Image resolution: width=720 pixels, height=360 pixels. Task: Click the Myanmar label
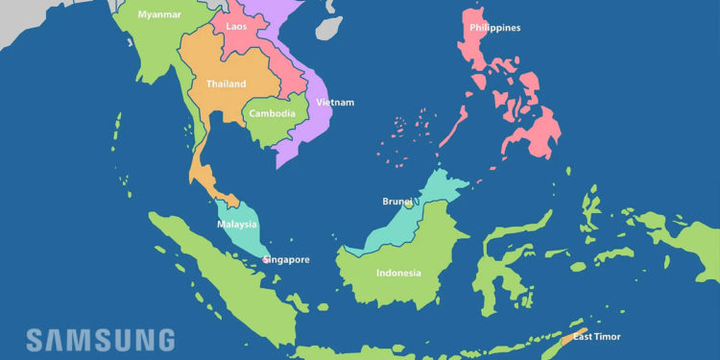159,14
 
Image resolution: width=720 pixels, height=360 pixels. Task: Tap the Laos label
236,27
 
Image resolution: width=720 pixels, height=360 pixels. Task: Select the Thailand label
226,84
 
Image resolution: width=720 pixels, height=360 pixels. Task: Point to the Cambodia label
272,113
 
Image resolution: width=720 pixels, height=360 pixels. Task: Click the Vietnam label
335,102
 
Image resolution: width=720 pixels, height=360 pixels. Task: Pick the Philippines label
495,28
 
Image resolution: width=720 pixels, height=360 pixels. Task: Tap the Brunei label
396,202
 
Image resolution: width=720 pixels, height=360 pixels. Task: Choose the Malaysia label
236,225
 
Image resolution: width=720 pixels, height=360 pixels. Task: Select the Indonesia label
398,273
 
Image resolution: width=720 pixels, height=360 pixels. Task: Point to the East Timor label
597,336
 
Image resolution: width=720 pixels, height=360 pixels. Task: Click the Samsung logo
101,339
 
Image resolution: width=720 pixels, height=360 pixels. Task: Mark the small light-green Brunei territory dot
409,204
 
